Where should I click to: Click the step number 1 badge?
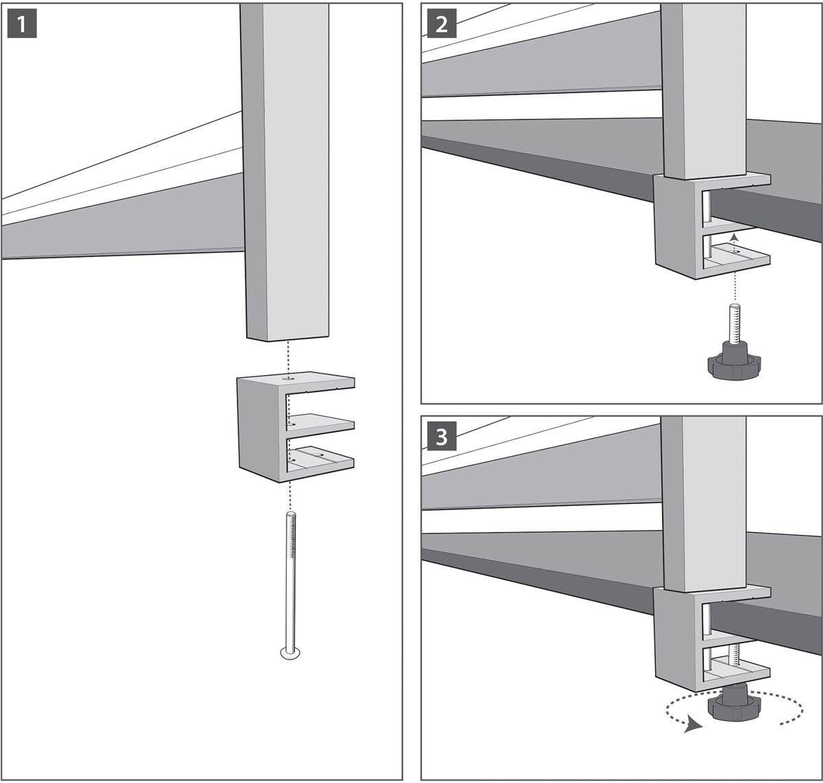coord(22,24)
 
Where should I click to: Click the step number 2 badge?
coord(442,24)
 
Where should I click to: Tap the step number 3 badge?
coord(442,437)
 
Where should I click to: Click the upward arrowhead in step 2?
coord(733,237)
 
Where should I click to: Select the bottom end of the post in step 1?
coord(287,337)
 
